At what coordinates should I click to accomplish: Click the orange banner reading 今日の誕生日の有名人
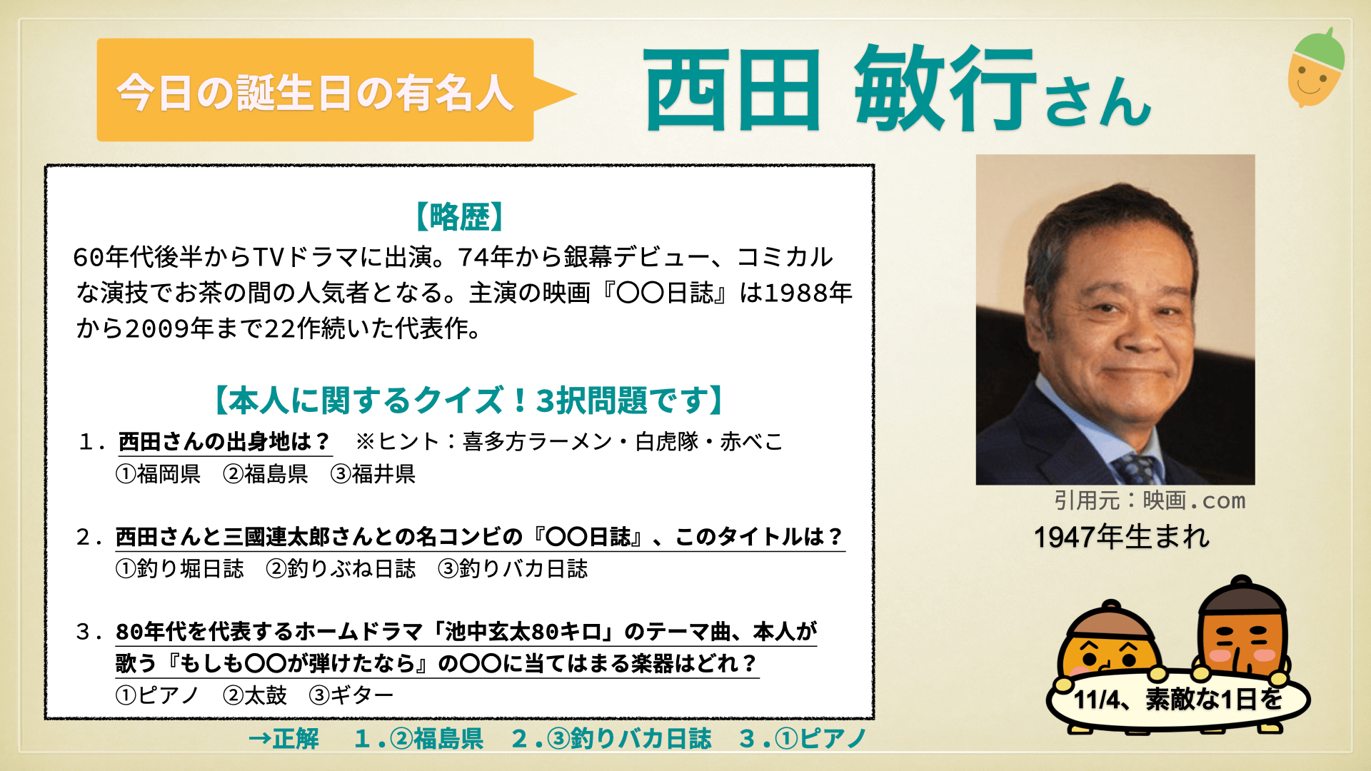316,90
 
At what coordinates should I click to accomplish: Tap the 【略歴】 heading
460,216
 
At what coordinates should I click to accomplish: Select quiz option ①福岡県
159,474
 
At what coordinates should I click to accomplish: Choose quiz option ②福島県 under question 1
266,474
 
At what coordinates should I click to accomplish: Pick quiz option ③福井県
373,474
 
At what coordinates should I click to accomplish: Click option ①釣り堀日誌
180,569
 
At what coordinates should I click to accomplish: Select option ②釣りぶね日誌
341,569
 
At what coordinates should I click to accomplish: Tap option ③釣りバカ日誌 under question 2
513,569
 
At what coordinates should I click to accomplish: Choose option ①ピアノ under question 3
157,695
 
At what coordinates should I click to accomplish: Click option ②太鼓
255,695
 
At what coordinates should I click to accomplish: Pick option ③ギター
351,695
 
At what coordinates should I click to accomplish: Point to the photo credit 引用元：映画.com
1150,500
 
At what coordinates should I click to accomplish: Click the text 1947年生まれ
1122,537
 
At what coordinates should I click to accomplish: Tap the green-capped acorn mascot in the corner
1316,68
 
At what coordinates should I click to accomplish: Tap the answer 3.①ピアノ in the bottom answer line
804,739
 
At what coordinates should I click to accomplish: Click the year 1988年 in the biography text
808,293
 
